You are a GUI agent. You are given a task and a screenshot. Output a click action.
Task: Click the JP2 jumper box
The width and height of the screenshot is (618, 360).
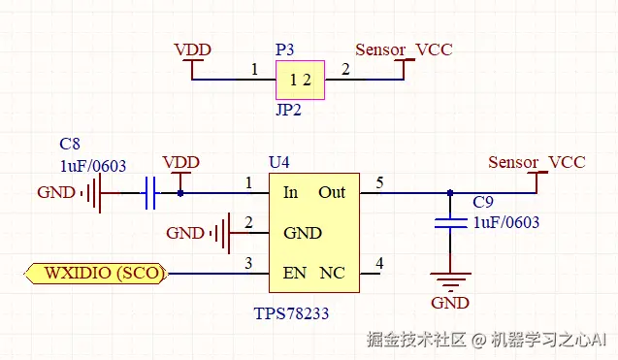click(x=300, y=80)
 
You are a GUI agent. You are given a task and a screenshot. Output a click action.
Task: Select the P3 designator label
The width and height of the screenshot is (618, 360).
click(x=285, y=49)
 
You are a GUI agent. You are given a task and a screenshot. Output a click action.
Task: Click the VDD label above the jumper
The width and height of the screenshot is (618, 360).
click(x=192, y=49)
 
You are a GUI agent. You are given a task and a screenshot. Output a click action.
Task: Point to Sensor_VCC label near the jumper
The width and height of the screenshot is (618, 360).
click(x=404, y=49)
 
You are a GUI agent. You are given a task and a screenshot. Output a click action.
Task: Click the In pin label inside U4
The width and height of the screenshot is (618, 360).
click(x=290, y=192)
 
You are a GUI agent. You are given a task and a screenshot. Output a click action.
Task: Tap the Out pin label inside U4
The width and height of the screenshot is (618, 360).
click(x=332, y=192)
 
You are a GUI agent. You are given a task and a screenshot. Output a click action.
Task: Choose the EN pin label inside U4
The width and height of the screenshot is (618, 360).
click(x=294, y=273)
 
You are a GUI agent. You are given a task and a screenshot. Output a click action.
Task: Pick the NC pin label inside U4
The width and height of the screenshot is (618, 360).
click(x=332, y=273)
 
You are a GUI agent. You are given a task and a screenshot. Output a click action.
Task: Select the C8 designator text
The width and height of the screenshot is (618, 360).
click(x=70, y=144)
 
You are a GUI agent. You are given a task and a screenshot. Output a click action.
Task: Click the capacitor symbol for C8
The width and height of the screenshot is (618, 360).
click(x=149, y=193)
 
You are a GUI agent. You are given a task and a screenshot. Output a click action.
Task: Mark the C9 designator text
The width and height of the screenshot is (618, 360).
click(x=483, y=202)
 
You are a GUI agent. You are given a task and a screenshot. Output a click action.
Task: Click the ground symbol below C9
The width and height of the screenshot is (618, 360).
click(x=449, y=284)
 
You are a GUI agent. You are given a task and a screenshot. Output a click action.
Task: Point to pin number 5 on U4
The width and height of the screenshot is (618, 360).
click(x=379, y=181)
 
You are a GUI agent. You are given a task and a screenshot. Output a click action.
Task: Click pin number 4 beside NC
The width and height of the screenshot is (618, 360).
click(x=379, y=263)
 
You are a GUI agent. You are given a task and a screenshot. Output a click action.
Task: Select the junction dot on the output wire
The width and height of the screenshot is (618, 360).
click(x=449, y=192)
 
